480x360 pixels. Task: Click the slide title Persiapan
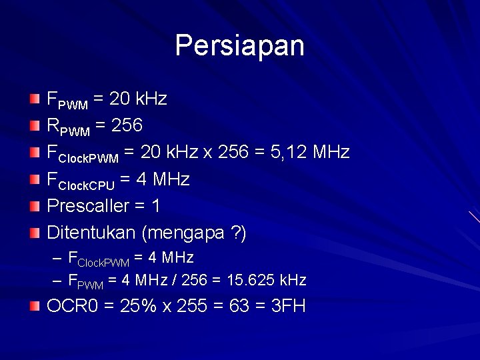point(239,46)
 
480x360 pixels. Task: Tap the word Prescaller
point(87,206)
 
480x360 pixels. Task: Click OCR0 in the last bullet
point(69,307)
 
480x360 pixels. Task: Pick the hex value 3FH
point(289,307)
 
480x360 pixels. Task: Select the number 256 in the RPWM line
point(127,126)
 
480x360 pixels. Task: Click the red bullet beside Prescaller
point(35,206)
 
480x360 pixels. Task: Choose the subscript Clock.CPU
point(87,185)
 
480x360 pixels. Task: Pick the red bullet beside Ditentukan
point(35,233)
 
